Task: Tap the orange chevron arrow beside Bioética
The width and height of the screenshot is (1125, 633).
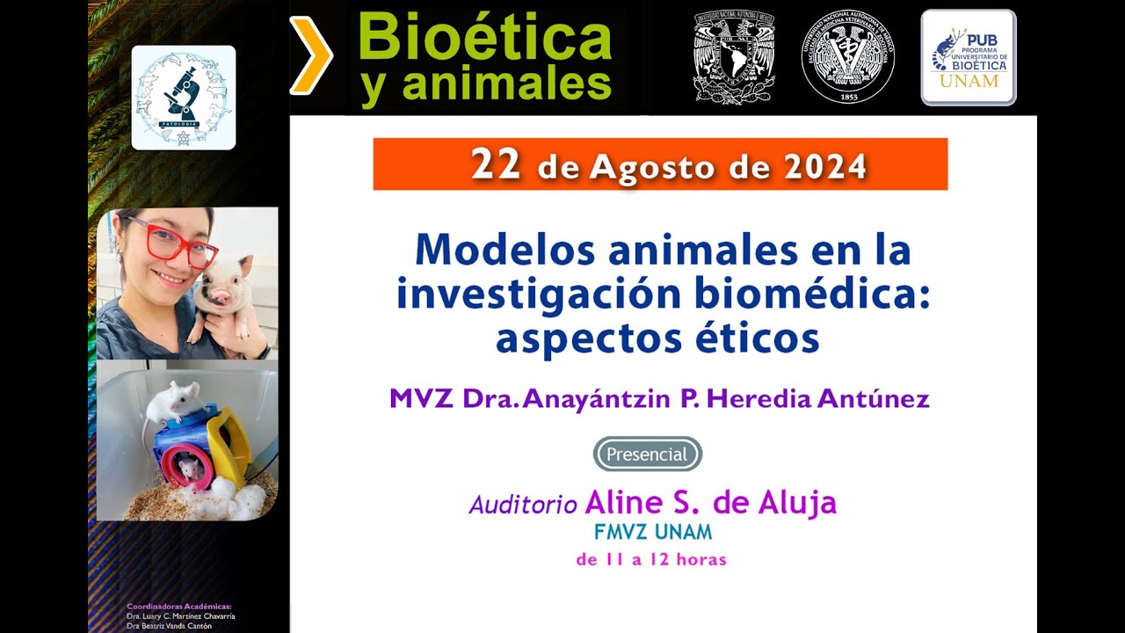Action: click(311, 55)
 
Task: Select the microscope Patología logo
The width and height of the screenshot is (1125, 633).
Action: click(183, 97)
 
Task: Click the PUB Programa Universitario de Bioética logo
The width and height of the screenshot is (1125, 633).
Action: click(969, 58)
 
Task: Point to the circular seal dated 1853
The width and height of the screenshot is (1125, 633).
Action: click(847, 57)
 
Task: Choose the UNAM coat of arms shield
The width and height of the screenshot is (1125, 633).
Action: click(734, 58)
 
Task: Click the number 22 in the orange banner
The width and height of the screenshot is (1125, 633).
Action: click(496, 164)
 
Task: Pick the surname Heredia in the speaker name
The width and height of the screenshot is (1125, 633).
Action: click(758, 398)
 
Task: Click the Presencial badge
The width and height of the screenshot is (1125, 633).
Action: click(647, 454)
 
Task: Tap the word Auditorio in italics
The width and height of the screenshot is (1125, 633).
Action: click(523, 505)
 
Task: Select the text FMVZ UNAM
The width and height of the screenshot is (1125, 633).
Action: click(653, 532)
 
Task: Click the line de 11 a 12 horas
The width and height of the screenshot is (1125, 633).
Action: click(651, 559)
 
